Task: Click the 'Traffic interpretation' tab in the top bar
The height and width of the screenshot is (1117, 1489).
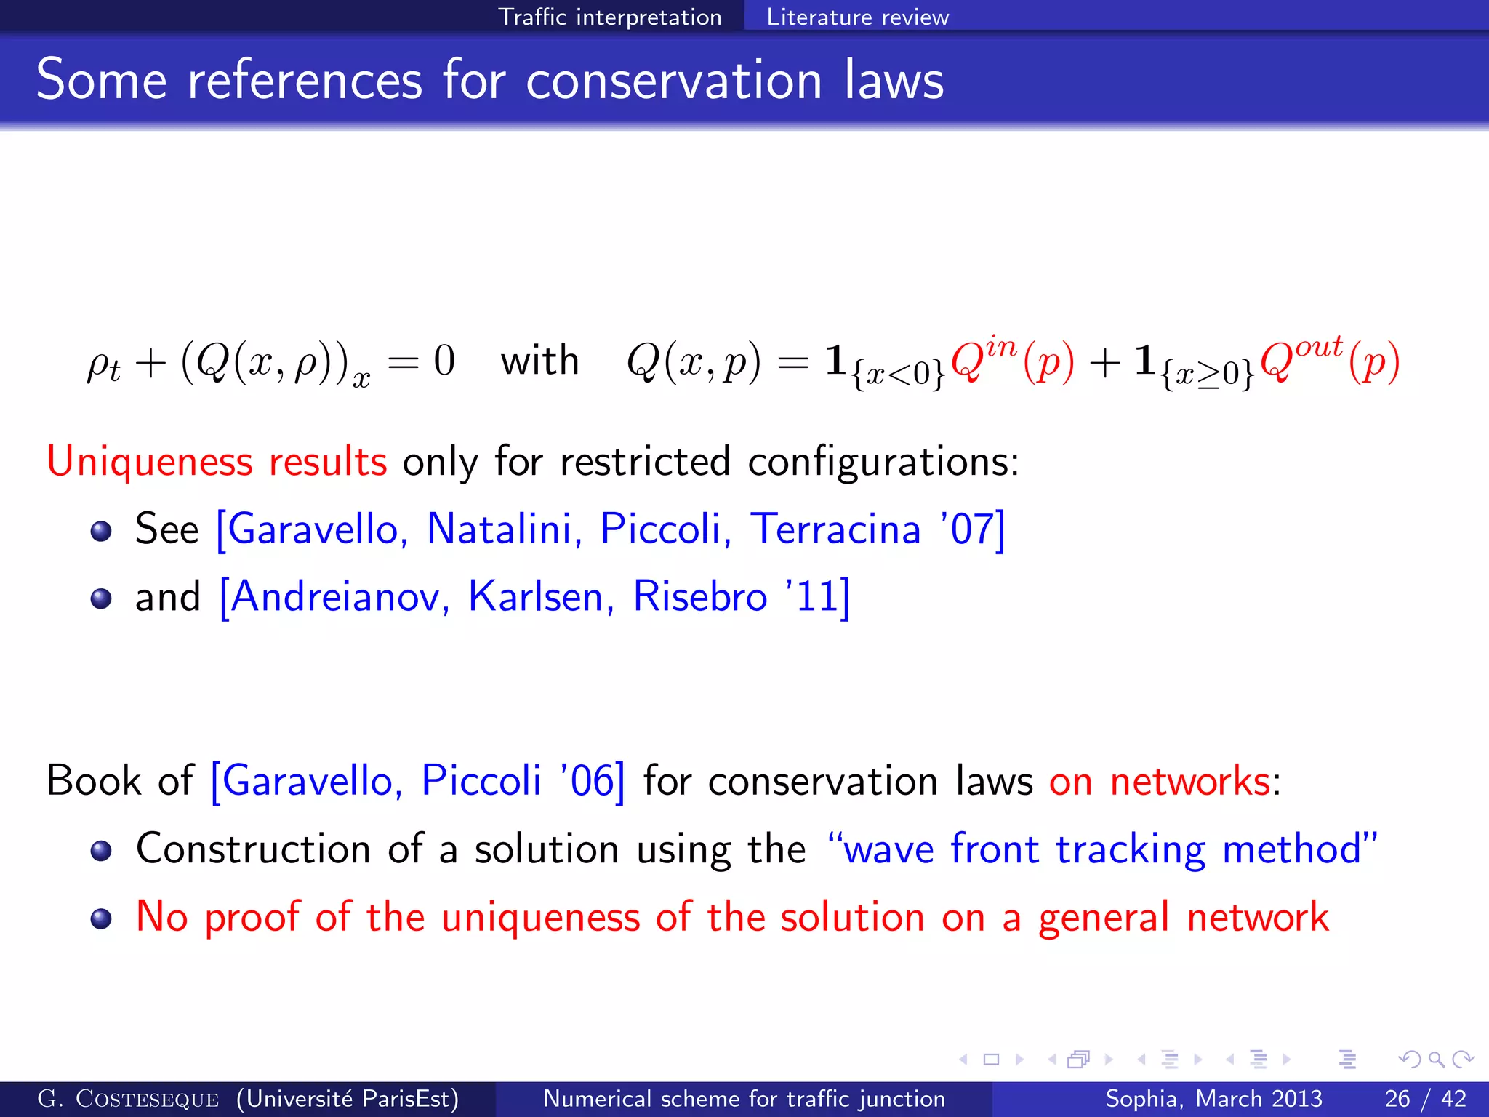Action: coord(609,17)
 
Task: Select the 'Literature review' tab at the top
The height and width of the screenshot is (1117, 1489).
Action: coord(857,17)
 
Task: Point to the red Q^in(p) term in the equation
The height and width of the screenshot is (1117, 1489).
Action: coord(1011,361)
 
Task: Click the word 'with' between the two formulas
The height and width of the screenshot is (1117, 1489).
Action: coord(539,361)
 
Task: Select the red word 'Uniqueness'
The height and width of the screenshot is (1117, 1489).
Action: coord(149,463)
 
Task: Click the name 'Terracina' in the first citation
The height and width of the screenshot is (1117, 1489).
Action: coord(835,529)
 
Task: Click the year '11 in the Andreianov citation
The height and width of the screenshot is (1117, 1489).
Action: coord(813,597)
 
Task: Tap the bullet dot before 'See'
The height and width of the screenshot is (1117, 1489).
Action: coord(101,531)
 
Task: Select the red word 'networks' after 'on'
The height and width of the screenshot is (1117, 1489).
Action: coord(1189,782)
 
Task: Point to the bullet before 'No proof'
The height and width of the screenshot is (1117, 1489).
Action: coord(101,918)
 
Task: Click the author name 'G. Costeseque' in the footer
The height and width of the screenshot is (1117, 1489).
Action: coord(128,1099)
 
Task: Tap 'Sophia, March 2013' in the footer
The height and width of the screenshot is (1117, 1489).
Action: coord(1213,1099)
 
